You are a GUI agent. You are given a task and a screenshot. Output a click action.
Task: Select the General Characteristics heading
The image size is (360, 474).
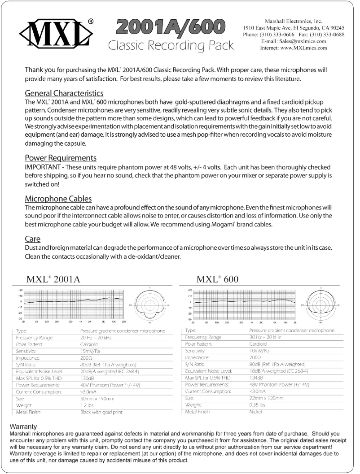click(64, 93)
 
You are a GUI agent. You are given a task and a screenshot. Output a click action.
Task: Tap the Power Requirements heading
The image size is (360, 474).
click(60, 158)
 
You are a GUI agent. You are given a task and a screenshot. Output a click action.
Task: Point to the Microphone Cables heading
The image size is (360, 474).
click(58, 198)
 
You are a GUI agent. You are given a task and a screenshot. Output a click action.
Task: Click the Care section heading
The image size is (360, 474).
click(32, 239)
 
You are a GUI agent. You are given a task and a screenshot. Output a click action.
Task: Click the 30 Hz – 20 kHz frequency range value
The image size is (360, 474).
click(265, 337)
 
